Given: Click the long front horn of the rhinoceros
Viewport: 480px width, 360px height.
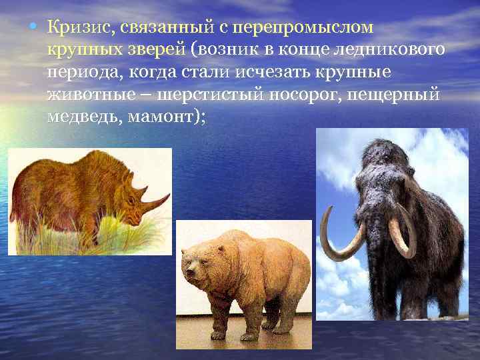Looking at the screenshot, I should tap(156, 200).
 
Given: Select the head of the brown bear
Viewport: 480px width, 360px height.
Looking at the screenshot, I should tap(199, 263).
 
